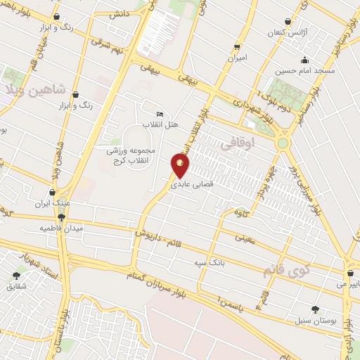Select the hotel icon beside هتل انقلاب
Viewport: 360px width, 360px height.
[160, 114]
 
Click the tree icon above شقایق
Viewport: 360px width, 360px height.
[17, 276]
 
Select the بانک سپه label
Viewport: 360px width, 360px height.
[210, 262]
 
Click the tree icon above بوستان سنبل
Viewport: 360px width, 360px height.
[314, 309]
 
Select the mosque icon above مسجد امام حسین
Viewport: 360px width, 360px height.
[304, 60]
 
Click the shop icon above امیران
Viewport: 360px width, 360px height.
[237, 47]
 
